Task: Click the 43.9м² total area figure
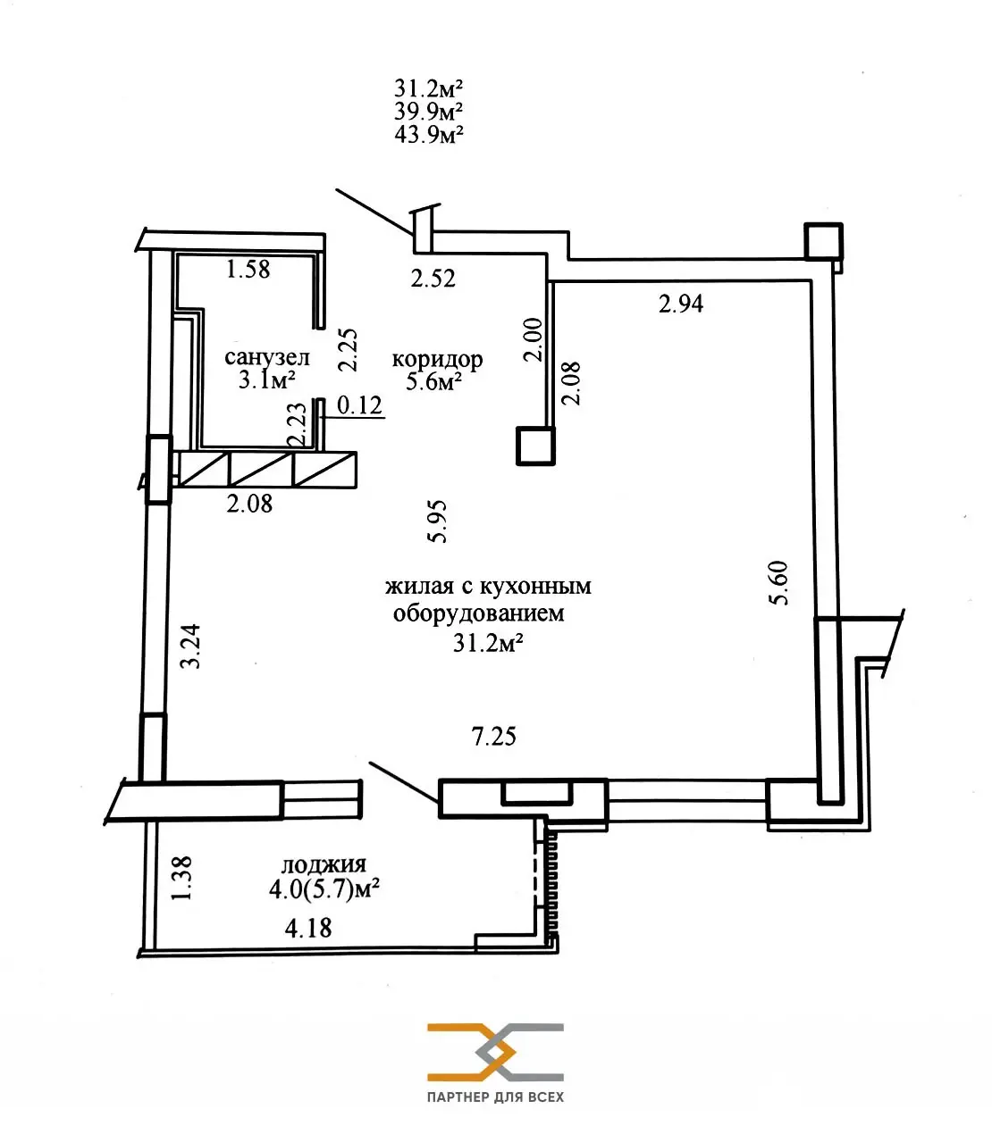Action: coord(428,134)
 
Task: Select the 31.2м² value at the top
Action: coord(428,88)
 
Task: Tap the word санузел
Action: coord(266,357)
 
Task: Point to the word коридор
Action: coord(437,359)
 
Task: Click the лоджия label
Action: coord(324,864)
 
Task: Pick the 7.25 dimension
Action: coord(493,737)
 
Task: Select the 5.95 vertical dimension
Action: coord(438,522)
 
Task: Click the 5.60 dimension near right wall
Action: coord(779,582)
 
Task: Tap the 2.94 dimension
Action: coord(681,304)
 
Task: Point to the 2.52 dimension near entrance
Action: coord(433,279)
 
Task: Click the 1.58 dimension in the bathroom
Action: coord(248,269)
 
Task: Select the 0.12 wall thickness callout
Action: coord(359,405)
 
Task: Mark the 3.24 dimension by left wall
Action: coord(190,646)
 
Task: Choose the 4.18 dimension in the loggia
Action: coord(308,928)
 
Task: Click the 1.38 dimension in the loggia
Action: coord(181,878)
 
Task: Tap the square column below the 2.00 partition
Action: coord(535,446)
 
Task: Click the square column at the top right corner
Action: coord(823,241)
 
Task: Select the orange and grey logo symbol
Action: coord(495,1051)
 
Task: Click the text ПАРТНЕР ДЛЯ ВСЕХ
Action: coord(495,1097)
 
